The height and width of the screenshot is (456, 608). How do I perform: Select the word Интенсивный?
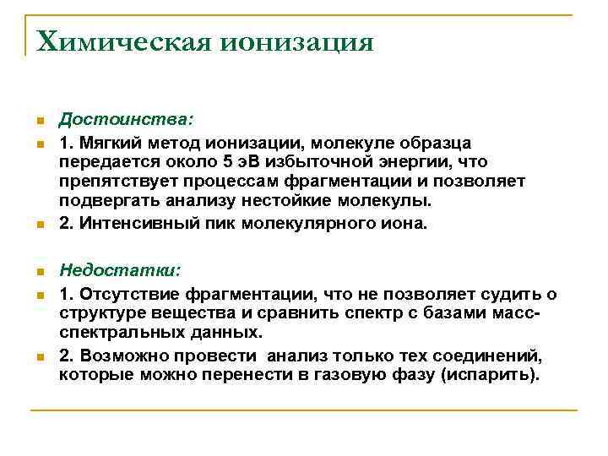click(x=133, y=224)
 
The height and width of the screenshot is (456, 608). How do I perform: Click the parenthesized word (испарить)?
click(x=489, y=375)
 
